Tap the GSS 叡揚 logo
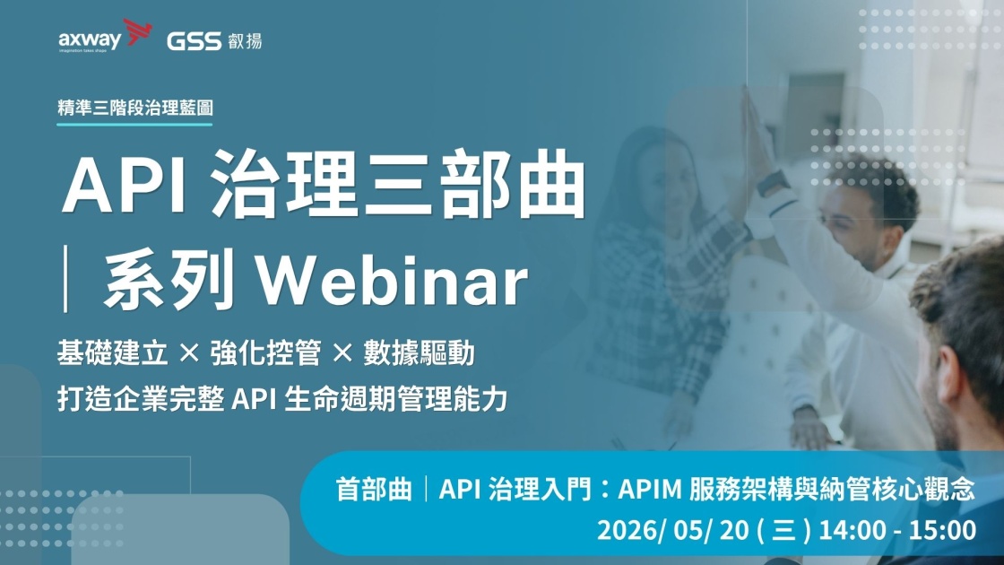tap(214, 40)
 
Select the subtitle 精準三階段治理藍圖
tap(135, 107)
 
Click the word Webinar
tap(393, 282)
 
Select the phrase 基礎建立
tap(113, 353)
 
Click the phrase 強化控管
tap(265, 353)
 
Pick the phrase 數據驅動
tap(419, 353)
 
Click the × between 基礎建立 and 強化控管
tap(189, 353)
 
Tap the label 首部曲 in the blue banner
tap(374, 490)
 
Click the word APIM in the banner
tap(650, 490)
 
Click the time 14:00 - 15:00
tap(897, 530)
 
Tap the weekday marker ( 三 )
tap(784, 530)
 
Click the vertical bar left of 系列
tap(66, 282)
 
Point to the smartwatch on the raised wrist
tap(772, 183)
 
